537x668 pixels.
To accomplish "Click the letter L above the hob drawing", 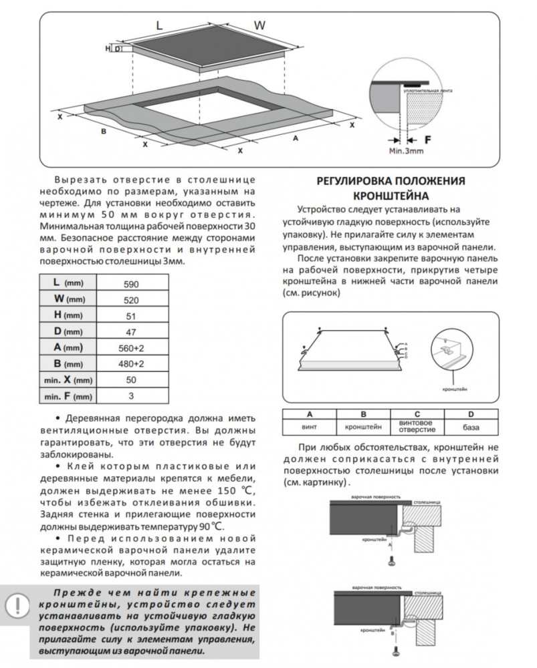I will [x=159, y=25].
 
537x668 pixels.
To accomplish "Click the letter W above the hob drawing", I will [x=259, y=26].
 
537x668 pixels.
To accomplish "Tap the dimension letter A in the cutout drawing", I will [x=295, y=138].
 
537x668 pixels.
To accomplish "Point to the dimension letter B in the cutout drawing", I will [x=103, y=132].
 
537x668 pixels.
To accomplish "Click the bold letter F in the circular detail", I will [x=429, y=140].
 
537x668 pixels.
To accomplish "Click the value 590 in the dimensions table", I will [x=130, y=283].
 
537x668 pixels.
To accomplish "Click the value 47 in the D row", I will [x=130, y=331].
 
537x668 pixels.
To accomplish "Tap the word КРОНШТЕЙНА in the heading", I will [x=390, y=195].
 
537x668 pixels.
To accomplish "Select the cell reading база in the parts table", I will [x=471, y=426].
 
